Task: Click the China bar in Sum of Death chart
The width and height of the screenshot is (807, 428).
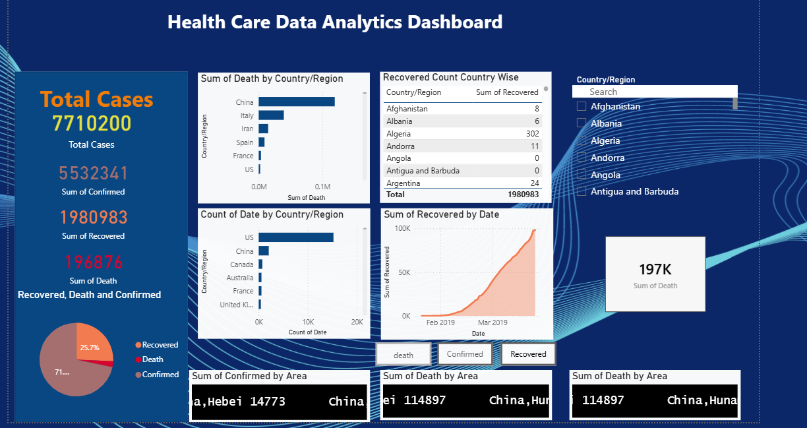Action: click(296, 102)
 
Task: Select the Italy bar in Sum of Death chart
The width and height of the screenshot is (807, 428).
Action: click(271, 115)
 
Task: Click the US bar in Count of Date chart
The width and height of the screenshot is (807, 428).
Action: click(295, 237)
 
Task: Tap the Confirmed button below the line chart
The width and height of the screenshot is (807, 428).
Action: click(465, 354)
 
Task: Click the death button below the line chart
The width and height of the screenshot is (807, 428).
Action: click(403, 355)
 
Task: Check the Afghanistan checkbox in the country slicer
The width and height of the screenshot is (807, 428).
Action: click(582, 106)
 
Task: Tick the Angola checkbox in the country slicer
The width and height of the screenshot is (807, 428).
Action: click(582, 175)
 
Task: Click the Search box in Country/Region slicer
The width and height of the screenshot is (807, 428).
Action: click(654, 92)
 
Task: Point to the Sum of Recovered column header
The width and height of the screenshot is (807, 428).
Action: click(506, 92)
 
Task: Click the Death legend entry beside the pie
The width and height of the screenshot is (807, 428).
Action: click(152, 359)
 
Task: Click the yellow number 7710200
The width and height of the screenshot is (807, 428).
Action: click(92, 124)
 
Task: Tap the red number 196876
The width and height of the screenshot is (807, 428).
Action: click(92, 262)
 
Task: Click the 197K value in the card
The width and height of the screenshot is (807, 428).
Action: click(655, 269)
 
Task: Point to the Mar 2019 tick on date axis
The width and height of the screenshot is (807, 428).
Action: click(493, 322)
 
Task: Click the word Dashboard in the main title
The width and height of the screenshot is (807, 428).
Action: click(455, 22)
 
